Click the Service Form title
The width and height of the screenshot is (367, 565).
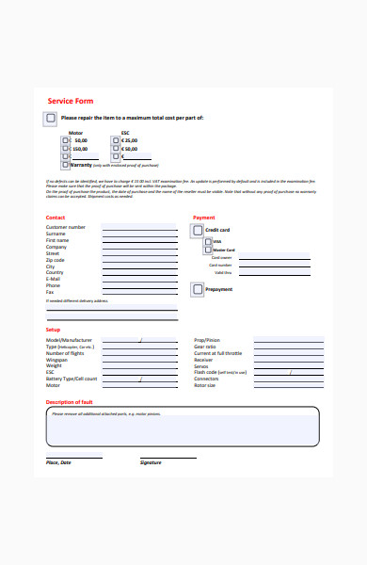(x=71, y=101)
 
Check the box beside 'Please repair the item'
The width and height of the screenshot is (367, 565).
(x=50, y=118)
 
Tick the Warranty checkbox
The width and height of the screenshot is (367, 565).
(x=65, y=165)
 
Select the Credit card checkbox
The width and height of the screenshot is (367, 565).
(x=198, y=230)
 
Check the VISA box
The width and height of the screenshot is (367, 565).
(x=207, y=241)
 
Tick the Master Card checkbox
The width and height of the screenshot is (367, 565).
(x=207, y=250)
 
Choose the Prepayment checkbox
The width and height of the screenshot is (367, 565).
(x=198, y=290)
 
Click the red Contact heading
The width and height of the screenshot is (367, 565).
(x=56, y=218)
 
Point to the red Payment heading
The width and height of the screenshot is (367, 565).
(x=204, y=218)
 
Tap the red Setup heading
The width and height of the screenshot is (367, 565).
(x=54, y=330)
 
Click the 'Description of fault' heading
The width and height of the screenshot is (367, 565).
(x=70, y=402)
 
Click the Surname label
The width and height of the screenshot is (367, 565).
(x=57, y=234)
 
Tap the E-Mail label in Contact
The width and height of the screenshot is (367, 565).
(x=54, y=279)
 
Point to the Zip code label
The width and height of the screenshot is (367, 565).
(x=56, y=260)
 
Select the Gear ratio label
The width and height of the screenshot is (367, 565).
(x=205, y=347)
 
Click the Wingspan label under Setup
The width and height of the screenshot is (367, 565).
(x=57, y=359)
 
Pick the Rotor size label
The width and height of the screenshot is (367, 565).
(x=205, y=385)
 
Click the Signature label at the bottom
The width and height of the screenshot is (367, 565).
(x=151, y=462)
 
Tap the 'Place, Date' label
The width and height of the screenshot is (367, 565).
(x=58, y=462)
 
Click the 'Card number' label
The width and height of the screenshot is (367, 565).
(x=221, y=265)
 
